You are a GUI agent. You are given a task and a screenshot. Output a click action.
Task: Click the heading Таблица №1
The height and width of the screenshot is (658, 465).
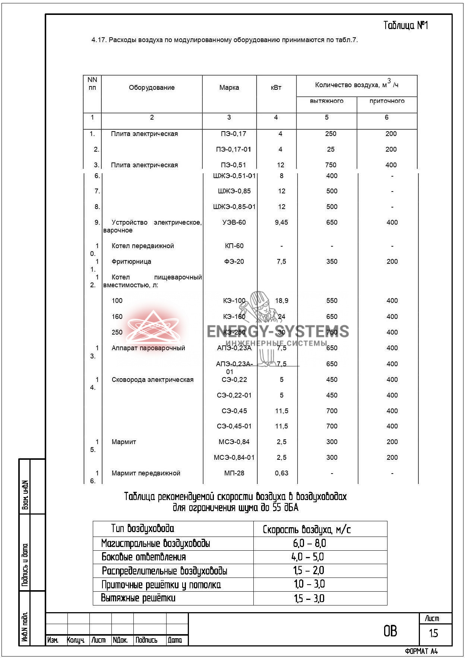click(406, 25)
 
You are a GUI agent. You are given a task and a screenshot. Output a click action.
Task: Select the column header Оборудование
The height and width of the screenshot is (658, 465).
click(152, 88)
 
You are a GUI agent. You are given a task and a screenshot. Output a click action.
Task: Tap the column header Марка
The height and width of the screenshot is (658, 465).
click(229, 88)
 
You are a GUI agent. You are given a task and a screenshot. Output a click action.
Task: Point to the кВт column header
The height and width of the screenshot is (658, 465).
click(276, 88)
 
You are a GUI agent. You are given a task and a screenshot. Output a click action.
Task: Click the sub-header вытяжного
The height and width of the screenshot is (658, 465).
click(326, 101)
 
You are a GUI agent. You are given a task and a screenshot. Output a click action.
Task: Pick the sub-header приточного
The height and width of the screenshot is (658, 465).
click(387, 101)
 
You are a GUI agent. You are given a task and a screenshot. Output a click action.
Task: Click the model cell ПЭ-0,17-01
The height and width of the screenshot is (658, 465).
click(234, 149)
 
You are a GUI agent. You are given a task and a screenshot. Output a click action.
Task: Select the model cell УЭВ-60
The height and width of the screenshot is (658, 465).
click(234, 222)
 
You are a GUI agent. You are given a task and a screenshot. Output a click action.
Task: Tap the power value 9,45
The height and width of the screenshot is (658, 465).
click(281, 222)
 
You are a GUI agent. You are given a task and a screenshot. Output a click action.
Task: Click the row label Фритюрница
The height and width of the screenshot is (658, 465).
click(132, 262)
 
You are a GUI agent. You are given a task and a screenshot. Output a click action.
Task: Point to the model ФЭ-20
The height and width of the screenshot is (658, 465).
click(234, 262)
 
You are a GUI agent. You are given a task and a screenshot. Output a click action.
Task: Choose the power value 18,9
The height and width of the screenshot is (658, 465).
click(282, 301)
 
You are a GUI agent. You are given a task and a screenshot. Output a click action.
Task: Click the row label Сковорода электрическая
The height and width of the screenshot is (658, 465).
click(152, 380)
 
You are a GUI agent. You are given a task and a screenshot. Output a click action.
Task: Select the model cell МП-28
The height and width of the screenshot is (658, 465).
click(234, 473)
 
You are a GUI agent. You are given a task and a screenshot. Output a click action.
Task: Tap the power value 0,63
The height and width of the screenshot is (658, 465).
click(282, 473)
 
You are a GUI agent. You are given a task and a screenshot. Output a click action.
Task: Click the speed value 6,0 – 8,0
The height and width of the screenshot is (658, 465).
click(309, 543)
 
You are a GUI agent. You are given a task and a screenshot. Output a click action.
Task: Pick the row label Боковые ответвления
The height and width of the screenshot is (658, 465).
click(144, 557)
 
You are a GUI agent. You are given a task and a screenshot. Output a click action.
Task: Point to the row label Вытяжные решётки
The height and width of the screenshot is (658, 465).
click(138, 598)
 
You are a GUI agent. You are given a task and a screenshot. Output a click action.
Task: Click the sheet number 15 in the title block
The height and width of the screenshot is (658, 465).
click(433, 633)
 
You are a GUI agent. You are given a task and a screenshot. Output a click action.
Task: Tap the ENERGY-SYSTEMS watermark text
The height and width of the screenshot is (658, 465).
click(278, 331)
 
